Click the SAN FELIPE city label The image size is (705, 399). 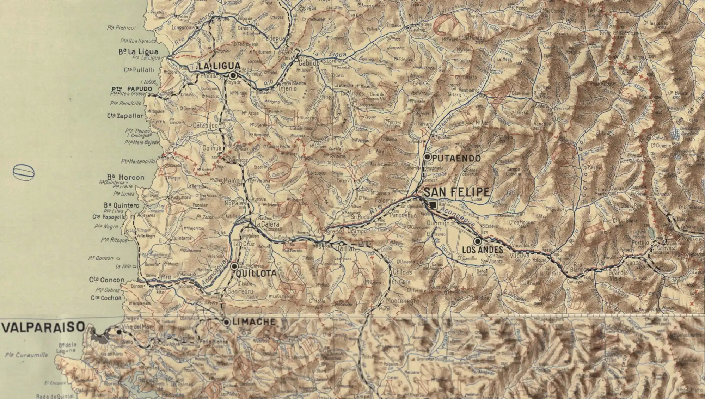(456, 192)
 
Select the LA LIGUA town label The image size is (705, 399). (219, 66)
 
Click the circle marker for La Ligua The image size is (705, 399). (233, 75)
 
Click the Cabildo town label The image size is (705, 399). (308, 63)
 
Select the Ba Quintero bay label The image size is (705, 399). (122, 205)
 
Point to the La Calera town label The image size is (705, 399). (268, 224)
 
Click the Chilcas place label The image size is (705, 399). (402, 272)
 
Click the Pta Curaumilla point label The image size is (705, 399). (26, 355)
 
